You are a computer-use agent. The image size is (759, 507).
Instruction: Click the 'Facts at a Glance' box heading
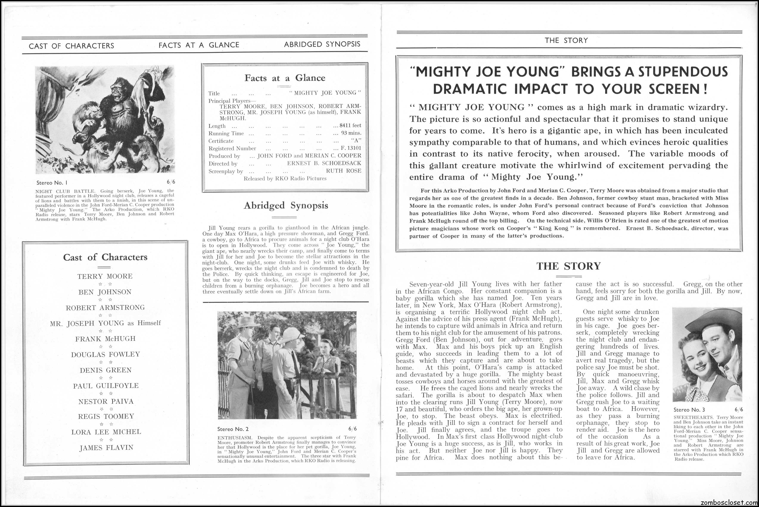(x=285, y=78)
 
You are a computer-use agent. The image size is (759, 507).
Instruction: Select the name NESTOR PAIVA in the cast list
(x=106, y=401)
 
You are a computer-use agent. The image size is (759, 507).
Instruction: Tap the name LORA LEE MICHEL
(x=106, y=432)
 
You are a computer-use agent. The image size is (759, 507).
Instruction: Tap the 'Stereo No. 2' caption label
(x=233, y=429)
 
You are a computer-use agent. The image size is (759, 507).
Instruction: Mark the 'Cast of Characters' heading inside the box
(x=105, y=257)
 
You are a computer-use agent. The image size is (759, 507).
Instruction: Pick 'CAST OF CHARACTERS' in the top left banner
(x=72, y=46)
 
